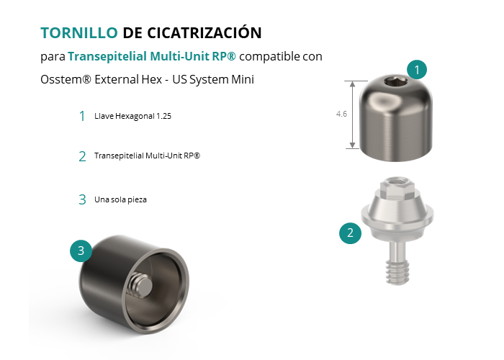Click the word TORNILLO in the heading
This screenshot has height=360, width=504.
79,33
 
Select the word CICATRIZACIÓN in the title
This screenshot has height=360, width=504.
204,32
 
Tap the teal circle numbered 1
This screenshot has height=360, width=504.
417,69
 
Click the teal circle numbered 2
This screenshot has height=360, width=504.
350,233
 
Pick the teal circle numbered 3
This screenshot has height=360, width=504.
81,251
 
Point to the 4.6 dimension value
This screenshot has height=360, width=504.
341,114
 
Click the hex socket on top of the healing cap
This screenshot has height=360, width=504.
396,83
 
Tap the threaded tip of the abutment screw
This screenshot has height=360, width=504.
397,272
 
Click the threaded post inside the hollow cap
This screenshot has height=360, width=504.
141,284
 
